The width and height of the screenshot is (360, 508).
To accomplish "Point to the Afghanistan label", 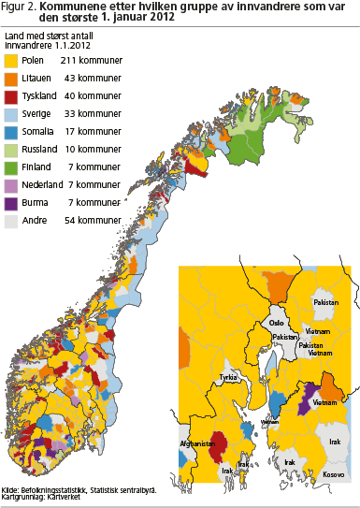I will pyautogui.click(x=200, y=444).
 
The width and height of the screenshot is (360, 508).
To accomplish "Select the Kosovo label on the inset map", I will pyautogui.click(x=334, y=475).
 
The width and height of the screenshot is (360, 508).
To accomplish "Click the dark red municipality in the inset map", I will pyautogui.click(x=223, y=447).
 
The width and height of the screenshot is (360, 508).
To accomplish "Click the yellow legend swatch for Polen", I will pyautogui.click(x=12, y=61).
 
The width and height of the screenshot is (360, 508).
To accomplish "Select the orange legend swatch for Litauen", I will pyautogui.click(x=12, y=79).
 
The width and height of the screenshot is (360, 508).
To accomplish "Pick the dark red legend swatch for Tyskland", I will pyautogui.click(x=12, y=96).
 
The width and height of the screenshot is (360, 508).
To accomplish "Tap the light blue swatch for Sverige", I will pyautogui.click(x=12, y=114).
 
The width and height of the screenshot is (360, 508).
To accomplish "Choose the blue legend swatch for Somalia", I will pyautogui.click(x=12, y=132).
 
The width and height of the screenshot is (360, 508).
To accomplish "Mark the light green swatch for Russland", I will pyautogui.click(x=12, y=150).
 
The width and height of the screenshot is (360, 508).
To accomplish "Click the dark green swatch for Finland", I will pyautogui.click(x=12, y=167).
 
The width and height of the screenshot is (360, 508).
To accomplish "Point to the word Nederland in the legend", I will pyautogui.click(x=43, y=185).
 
